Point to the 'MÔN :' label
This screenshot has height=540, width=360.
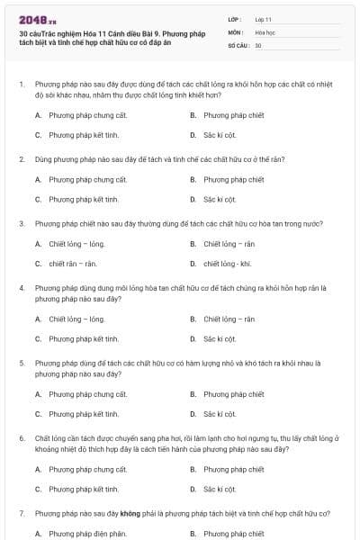236,31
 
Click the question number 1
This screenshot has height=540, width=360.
21,83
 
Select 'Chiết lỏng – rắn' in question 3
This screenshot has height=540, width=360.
229,244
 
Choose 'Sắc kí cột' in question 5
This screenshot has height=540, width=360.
220,414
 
